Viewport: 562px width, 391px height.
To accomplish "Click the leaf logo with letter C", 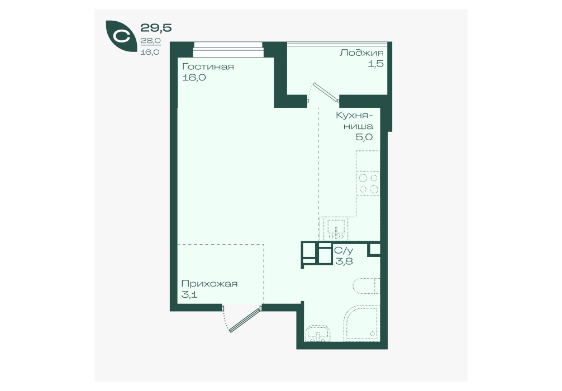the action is point(121,36).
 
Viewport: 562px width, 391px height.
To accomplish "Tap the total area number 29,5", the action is point(156,27).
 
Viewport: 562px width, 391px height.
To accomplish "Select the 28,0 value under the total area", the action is point(150,41).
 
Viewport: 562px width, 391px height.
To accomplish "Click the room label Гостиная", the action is point(208,66).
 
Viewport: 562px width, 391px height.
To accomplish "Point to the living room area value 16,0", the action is point(194,78).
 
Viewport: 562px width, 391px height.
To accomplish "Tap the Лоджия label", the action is point(361,53).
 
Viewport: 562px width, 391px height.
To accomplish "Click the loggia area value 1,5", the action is point(376,64).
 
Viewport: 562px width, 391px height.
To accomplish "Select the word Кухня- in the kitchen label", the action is point(354,116).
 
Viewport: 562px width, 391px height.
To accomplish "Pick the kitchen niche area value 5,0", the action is point(364,137).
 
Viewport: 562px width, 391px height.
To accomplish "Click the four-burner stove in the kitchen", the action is point(368,184).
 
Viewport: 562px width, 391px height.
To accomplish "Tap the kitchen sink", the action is point(336,229).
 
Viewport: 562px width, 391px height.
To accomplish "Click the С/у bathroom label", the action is point(344,250).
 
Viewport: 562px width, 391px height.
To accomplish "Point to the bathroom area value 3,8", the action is point(344,261).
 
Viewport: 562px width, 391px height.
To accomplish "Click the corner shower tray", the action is point(361,322).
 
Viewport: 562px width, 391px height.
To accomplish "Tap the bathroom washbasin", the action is point(318,333).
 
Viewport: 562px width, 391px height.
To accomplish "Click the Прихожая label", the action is point(209,284).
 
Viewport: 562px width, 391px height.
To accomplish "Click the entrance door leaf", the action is point(245,320).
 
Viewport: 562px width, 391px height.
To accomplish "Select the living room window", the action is point(228,50).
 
